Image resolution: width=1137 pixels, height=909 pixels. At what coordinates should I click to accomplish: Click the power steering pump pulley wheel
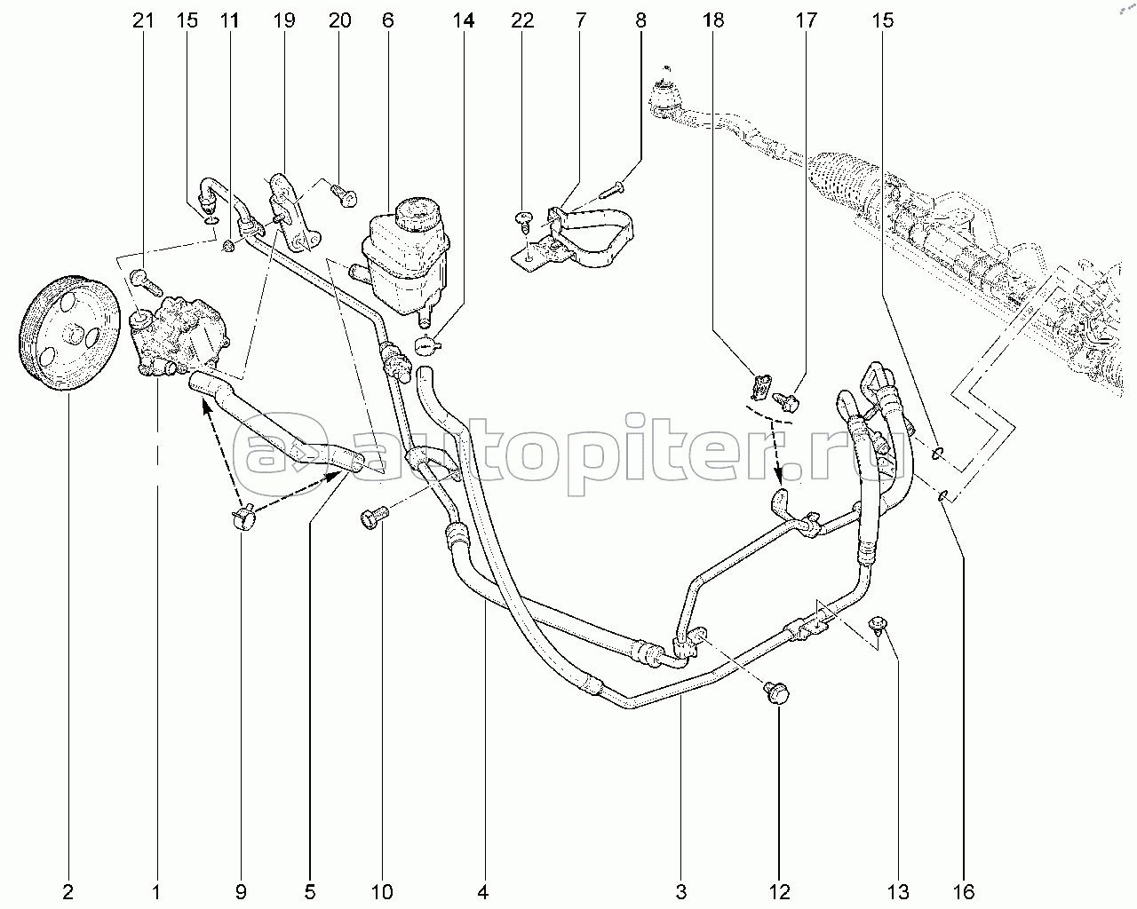(x=68, y=333)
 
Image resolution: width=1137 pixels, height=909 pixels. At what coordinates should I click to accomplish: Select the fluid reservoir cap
(x=417, y=213)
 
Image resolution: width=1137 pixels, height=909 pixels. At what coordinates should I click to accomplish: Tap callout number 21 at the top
(x=143, y=20)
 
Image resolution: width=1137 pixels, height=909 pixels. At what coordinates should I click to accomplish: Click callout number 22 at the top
(x=522, y=20)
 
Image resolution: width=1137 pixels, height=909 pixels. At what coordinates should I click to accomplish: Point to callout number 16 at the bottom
(x=963, y=892)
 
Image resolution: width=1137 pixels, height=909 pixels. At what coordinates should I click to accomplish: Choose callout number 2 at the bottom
(x=68, y=892)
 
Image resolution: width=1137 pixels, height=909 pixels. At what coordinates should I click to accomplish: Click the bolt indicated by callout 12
(x=776, y=693)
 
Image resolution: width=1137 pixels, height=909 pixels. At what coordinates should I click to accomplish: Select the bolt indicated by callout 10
(x=374, y=516)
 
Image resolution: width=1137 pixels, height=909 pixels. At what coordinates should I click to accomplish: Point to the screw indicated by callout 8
(x=613, y=190)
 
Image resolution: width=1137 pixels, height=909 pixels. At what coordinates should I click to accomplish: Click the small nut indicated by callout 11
(x=229, y=246)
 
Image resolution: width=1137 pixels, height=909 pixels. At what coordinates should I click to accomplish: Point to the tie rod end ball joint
(x=663, y=99)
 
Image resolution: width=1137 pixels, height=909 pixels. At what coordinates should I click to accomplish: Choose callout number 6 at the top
(x=387, y=20)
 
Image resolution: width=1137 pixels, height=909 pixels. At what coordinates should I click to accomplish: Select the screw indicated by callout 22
(x=523, y=224)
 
